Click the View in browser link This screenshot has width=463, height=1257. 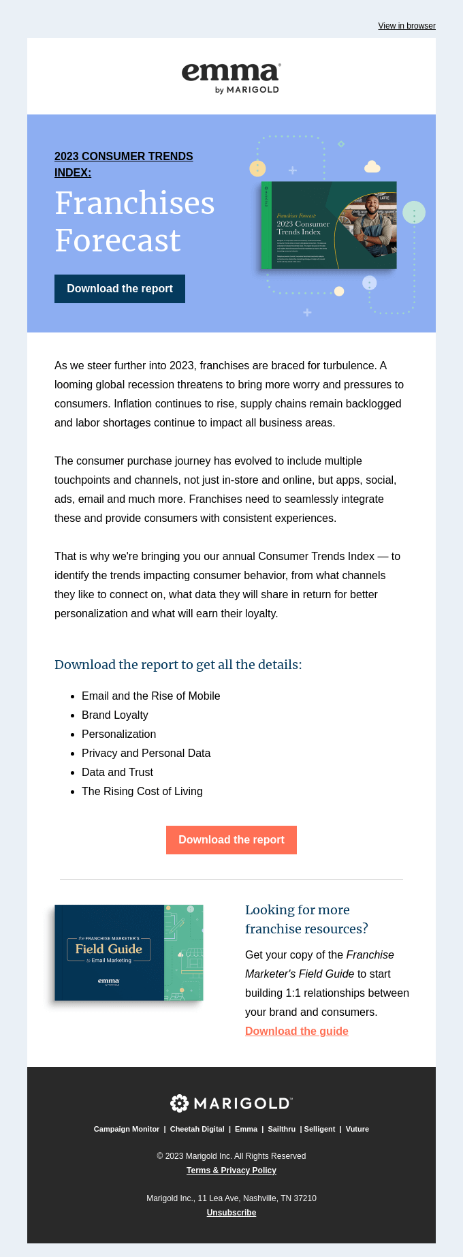406,26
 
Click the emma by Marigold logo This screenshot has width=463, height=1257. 231,77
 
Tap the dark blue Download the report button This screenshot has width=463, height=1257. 120,289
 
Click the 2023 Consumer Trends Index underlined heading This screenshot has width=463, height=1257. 123,164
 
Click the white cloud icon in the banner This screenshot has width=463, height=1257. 372,166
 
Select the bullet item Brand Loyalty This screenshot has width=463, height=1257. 114,715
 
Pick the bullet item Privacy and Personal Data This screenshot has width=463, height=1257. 146,753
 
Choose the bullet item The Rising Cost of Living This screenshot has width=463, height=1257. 142,791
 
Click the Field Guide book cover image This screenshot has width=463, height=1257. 129,952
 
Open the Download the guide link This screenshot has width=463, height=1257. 297,1031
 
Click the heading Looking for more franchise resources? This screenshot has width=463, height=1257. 306,919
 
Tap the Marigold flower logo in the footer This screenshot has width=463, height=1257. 179,1103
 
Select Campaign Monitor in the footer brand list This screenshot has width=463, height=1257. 127,1129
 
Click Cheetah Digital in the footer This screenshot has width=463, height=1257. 197,1129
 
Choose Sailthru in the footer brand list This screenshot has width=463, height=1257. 281,1129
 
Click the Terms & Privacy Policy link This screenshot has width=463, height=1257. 231,1170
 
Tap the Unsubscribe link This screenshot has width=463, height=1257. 231,1213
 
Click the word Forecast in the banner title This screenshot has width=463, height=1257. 118,240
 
